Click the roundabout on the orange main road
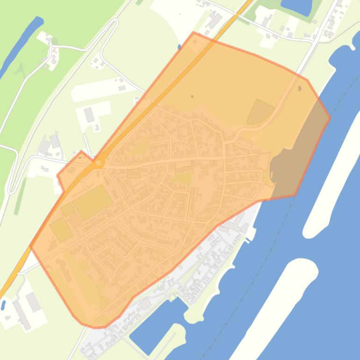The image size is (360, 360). tap(99, 163)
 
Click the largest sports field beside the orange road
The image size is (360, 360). tap(93, 202)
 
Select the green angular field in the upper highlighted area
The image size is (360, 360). tap(259, 112)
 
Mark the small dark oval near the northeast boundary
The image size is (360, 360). tap(300, 87)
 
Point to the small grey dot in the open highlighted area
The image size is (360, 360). tap(192, 97)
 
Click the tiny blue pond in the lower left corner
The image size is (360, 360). tap(3, 305)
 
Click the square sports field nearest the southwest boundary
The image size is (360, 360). tap(61, 230)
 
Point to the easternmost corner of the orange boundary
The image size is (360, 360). tap(330, 117)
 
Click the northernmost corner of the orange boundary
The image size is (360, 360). tap(194, 32)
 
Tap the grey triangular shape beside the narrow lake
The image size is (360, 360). tap(19, 70)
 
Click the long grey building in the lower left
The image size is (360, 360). tap(22, 314)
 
